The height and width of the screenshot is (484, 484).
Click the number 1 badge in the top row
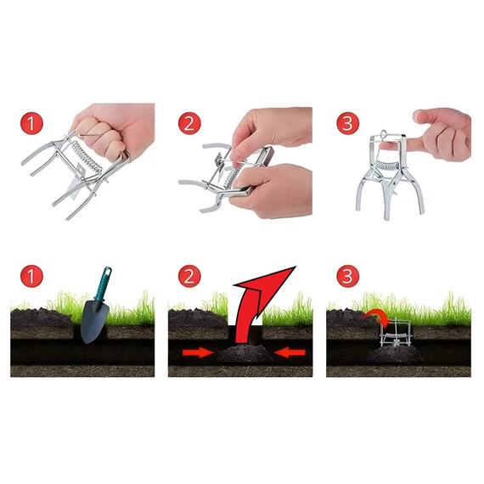click(x=31, y=123)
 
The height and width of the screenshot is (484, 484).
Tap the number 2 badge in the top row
click(x=189, y=123)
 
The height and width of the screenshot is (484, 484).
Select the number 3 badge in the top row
click(x=348, y=123)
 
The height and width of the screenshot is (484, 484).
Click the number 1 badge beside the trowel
click(x=31, y=276)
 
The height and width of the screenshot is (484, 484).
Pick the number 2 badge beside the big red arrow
click(x=189, y=276)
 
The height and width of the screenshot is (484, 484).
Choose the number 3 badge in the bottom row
click(x=348, y=276)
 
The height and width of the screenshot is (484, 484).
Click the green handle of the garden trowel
click(x=103, y=284)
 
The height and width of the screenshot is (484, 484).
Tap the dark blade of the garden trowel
click(x=94, y=322)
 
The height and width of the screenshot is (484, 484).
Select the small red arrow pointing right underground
click(x=198, y=352)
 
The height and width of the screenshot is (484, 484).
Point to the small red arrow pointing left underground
click(x=290, y=352)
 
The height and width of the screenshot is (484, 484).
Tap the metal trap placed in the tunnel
click(x=396, y=334)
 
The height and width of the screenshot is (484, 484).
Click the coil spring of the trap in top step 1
click(x=88, y=157)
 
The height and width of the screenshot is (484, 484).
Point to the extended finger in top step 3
click(x=398, y=144)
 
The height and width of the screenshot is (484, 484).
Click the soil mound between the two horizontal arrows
click(x=245, y=354)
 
